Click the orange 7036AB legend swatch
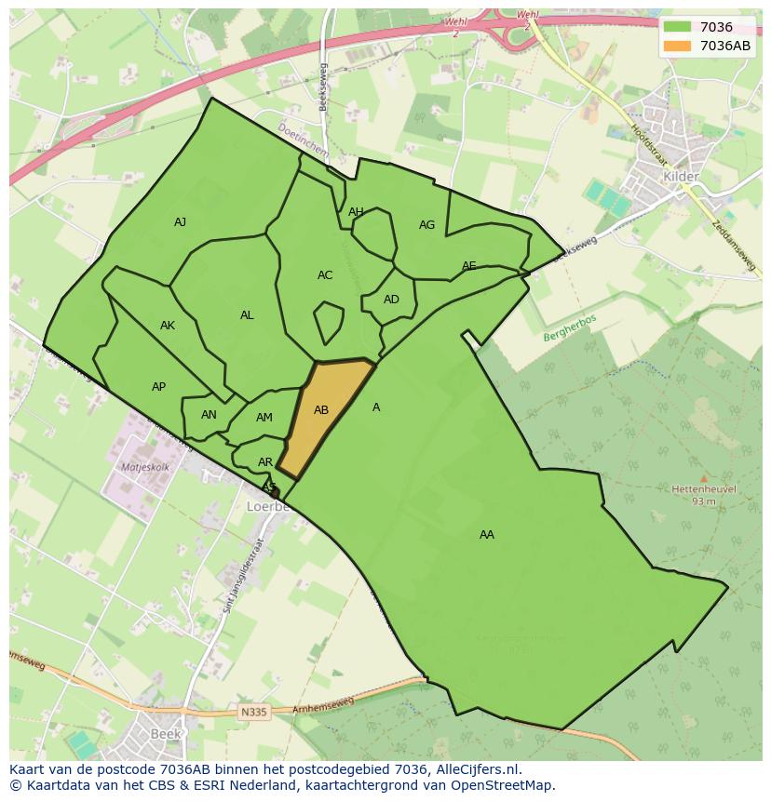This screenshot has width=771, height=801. click(x=678, y=46)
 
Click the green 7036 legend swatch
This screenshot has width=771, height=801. click(x=678, y=28)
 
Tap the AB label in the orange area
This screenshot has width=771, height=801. click(x=321, y=410)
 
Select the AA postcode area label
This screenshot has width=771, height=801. click(x=487, y=535)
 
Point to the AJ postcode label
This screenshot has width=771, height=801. click(x=181, y=222)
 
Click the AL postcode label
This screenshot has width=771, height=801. click(x=247, y=315)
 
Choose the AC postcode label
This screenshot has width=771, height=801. click(x=325, y=275)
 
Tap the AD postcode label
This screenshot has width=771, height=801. click(x=391, y=300)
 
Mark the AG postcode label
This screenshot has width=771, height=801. click(x=426, y=225)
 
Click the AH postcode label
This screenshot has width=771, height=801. click(x=356, y=212)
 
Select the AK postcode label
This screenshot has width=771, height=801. click(x=168, y=326)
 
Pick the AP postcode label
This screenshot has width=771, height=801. click(x=158, y=387)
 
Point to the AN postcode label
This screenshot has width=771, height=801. click(x=209, y=415)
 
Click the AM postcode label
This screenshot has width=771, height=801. click(x=264, y=418)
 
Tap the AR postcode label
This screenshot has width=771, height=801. click(x=265, y=462)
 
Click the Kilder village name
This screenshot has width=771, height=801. click(x=680, y=177)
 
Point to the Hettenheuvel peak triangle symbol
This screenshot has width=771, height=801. click(x=703, y=478)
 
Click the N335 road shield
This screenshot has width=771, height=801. click(x=252, y=713)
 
